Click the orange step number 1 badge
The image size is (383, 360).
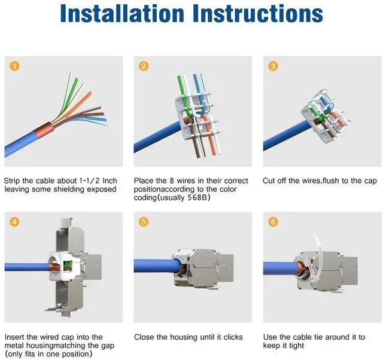(x=14, y=66)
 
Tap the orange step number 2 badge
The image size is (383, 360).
(x=144, y=66)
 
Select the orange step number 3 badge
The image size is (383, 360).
(x=273, y=66)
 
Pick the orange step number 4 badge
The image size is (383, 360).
(x=14, y=222)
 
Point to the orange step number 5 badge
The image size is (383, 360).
(x=144, y=222)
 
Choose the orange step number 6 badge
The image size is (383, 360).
(x=273, y=222)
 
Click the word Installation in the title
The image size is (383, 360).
(x=122, y=13)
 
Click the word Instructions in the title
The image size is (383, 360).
(x=258, y=13)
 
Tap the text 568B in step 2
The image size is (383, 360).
(x=197, y=197)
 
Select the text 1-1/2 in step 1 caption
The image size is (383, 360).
(x=89, y=181)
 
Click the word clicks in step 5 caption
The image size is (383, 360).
(x=233, y=337)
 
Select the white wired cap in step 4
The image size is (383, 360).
(x=64, y=266)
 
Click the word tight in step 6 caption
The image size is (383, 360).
(x=296, y=346)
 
